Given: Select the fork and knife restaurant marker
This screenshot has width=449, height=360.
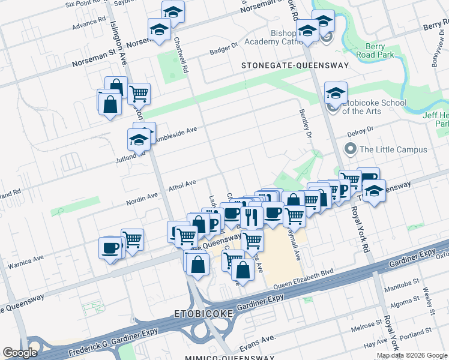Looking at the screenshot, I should [251, 217].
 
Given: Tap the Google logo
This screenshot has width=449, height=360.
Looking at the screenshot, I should [20, 353].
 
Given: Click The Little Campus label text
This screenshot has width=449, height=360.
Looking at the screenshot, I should [393, 149].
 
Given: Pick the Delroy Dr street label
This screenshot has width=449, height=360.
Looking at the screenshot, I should [360, 129].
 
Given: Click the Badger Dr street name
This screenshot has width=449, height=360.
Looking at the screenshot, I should [223, 52].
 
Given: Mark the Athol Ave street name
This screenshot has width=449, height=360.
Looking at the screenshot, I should [182, 185].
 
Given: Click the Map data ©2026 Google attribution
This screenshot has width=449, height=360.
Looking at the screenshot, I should [412, 355].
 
